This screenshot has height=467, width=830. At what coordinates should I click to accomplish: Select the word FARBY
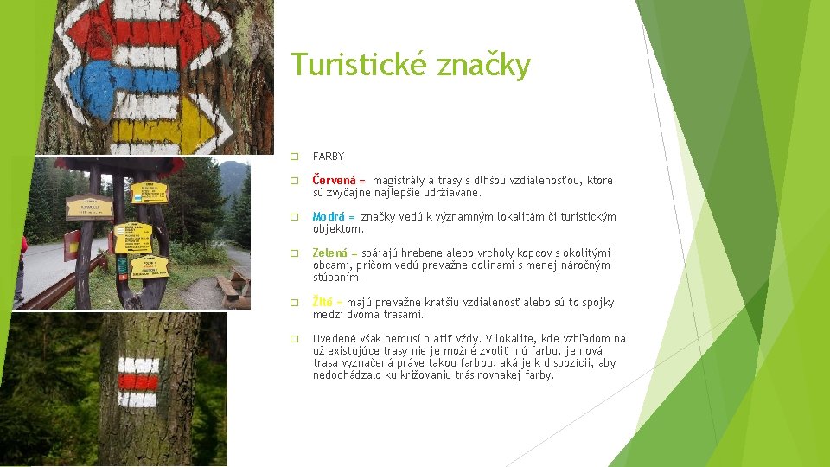[x=329, y=157]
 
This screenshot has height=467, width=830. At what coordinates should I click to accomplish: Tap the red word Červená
[x=334, y=181]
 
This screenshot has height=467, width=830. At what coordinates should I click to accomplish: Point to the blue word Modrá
[x=329, y=217]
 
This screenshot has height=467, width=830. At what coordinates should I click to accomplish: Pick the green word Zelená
[x=330, y=253]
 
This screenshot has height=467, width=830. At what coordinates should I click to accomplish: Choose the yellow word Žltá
[x=323, y=303]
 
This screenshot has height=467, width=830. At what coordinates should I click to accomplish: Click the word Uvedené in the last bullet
[x=334, y=339]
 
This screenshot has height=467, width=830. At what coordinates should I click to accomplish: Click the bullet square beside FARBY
[x=294, y=157]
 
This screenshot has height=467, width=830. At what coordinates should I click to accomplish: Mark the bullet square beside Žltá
[x=294, y=303]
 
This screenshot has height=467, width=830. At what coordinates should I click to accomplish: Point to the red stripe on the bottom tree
[x=138, y=381]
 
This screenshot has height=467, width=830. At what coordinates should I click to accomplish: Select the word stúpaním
[x=337, y=278]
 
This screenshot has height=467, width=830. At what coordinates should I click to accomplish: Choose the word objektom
[x=338, y=229]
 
